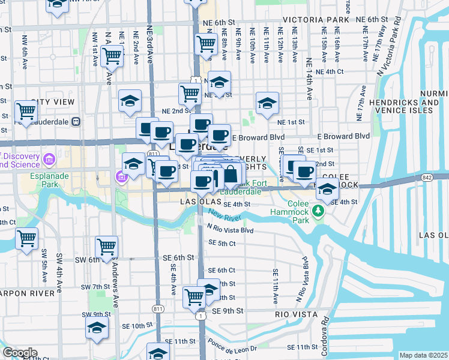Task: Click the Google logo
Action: pyautogui.click(x=20, y=353)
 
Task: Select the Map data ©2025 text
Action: pyautogui.click(x=423, y=355)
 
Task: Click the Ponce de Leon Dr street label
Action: pyautogui.click(x=232, y=345)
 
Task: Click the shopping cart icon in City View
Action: pyautogui.click(x=26, y=110)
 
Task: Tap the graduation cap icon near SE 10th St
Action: pyautogui.click(x=96, y=328)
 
